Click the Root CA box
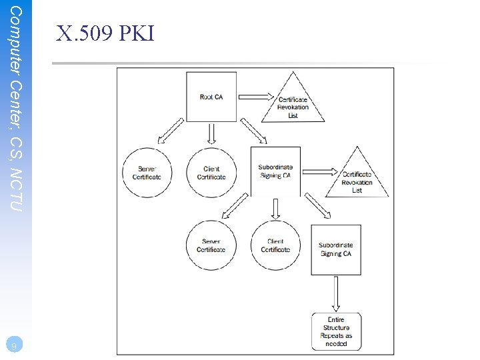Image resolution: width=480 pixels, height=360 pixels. pos(211,97)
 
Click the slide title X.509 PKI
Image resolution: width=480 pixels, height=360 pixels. pos(105,33)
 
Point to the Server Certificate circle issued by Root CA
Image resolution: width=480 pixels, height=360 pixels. pos(147,173)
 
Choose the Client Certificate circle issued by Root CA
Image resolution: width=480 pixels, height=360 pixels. pos(211,173)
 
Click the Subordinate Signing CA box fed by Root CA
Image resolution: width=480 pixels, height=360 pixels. pos(275,171)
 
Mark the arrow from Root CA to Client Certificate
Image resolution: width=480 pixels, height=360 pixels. pos(211,135)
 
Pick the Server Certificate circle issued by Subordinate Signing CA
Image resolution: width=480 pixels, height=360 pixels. pos(211,245)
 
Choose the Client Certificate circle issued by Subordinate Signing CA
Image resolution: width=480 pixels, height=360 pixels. pos(275,245)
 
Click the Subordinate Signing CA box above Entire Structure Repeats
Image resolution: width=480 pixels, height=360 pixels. pos(336,249)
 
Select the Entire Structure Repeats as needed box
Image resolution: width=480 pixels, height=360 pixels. pos(336,331)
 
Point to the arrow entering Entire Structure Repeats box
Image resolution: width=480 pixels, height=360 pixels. pos(336,293)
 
